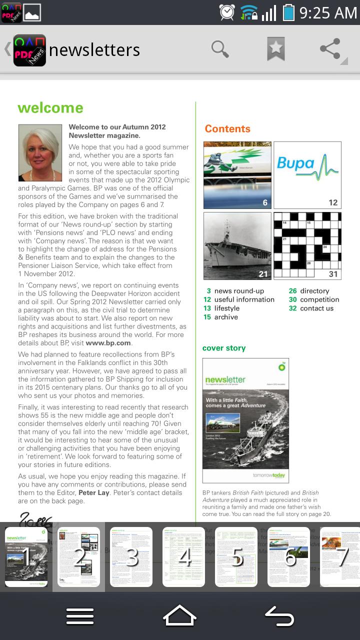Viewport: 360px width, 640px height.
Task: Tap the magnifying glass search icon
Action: [x=220, y=49]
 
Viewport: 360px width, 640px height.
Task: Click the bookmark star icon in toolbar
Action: [x=275, y=49]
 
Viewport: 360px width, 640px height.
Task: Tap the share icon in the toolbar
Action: [x=330, y=49]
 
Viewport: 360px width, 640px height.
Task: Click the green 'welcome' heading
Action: [x=50, y=108]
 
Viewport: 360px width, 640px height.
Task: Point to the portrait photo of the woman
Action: [x=40, y=152]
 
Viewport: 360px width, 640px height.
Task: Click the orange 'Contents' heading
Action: [x=227, y=129]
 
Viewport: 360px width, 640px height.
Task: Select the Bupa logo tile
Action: [x=307, y=174]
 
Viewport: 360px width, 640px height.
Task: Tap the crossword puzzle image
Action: [x=307, y=245]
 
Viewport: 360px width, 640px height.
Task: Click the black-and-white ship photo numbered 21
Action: [x=237, y=245]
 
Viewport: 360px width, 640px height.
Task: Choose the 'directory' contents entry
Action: [x=314, y=291]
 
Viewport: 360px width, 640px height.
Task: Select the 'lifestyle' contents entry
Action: [x=226, y=308]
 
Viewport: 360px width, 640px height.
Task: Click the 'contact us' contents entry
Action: [x=316, y=308]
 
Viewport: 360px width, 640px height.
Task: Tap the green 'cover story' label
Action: [x=224, y=348]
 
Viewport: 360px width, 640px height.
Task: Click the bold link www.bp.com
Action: [x=108, y=343]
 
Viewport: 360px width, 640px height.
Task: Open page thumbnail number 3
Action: [x=131, y=556]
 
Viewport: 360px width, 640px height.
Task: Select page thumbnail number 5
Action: [x=236, y=556]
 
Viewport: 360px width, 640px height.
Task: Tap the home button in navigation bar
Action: [x=179, y=615]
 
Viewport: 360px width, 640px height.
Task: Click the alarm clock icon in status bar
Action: [x=226, y=12]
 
